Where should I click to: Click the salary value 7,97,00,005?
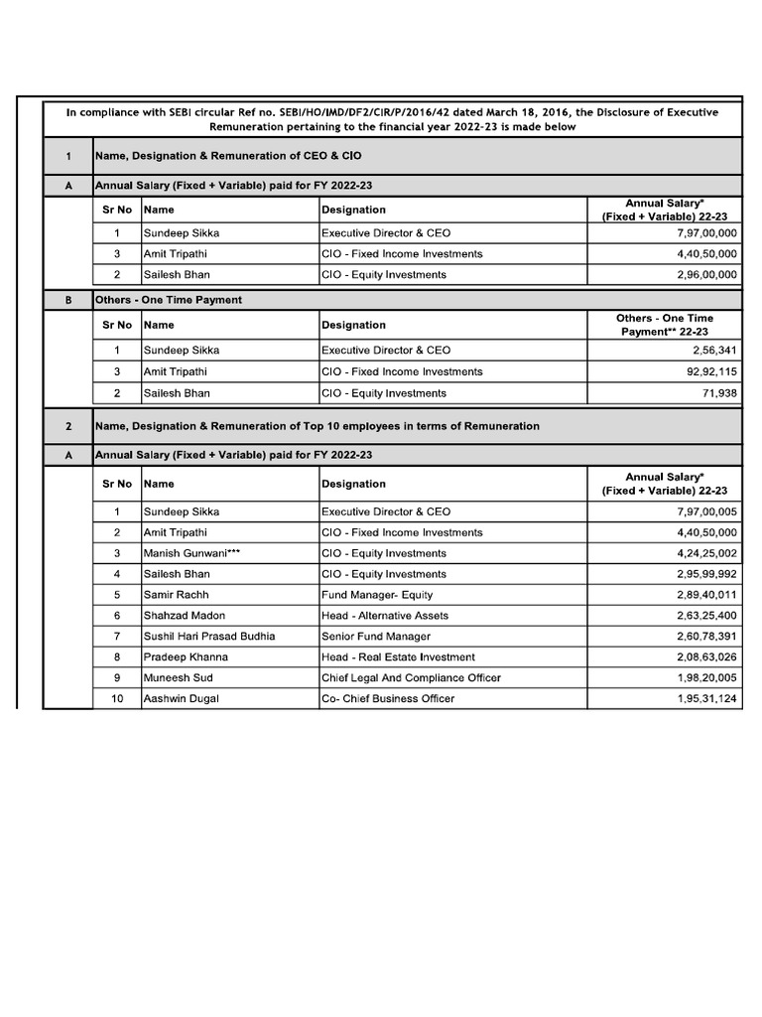click(x=701, y=511)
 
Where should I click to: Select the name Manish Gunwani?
click(x=192, y=553)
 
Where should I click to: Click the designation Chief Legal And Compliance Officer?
click(x=411, y=678)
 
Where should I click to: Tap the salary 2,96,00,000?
click(x=701, y=275)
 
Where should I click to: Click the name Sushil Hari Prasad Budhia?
click(x=209, y=637)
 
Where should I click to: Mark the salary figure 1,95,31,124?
click(x=701, y=699)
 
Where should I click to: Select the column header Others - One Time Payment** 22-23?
click(x=664, y=325)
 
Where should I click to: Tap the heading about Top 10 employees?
click(x=317, y=426)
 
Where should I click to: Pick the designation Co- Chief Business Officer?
click(x=388, y=699)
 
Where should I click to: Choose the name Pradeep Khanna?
click(x=186, y=657)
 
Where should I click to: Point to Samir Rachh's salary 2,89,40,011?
click(x=701, y=595)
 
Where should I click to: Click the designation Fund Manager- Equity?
click(x=377, y=595)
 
